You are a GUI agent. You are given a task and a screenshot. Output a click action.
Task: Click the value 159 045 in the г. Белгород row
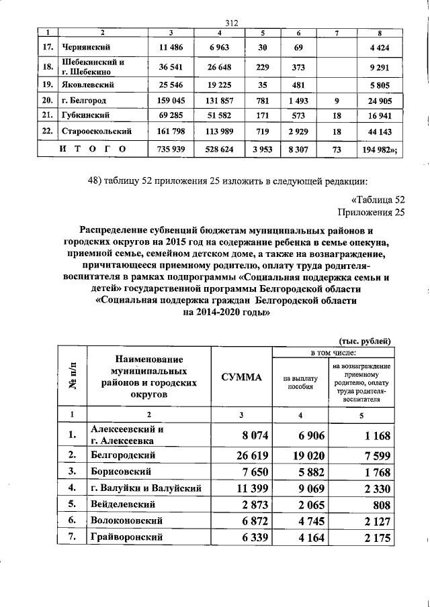coord(171,101)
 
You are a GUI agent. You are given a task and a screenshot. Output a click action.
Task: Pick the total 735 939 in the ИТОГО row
coord(171,147)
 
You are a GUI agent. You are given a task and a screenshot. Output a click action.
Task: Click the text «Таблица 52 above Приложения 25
coord(378,199)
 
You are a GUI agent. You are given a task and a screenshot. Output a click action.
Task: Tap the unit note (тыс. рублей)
coord(364,340)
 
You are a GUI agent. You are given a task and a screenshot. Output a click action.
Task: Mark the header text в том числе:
coord(333,351)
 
